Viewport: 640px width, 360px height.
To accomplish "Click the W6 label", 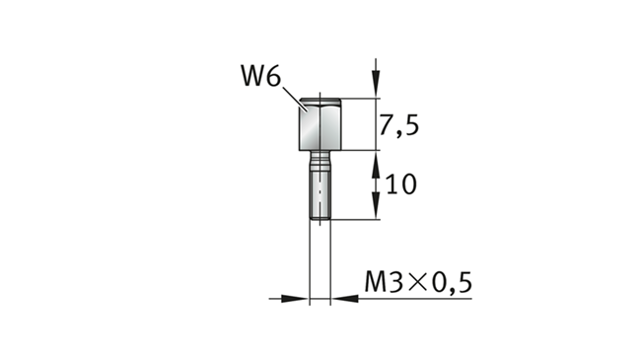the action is [260, 76].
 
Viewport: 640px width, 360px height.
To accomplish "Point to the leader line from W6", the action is [295, 100].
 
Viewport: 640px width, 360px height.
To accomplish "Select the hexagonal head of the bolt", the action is [320, 124].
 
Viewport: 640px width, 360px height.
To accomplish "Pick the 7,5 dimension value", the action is [398, 125].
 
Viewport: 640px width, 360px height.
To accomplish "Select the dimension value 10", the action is [400, 184].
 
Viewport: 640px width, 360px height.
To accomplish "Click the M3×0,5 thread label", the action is [418, 282].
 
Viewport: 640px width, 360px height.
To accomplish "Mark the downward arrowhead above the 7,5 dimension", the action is [376, 84].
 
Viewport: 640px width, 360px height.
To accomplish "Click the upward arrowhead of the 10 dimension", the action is [376, 164].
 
